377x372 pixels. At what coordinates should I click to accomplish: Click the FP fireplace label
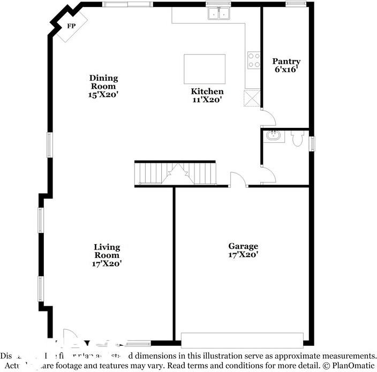[71, 26]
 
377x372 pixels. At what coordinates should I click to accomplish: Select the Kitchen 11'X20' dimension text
[207, 100]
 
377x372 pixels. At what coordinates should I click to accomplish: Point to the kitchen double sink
[219, 14]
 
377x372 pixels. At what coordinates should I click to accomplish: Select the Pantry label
[286, 62]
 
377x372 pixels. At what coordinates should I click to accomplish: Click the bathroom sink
[274, 135]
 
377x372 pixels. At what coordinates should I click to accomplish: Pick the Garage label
[243, 246]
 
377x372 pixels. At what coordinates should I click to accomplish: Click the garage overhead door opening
[242, 340]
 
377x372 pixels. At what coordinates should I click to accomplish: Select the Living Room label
[107, 251]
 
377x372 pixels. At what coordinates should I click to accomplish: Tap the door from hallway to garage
[238, 180]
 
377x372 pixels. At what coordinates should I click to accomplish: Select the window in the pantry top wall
[295, 4]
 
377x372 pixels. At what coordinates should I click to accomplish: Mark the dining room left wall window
[49, 145]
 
